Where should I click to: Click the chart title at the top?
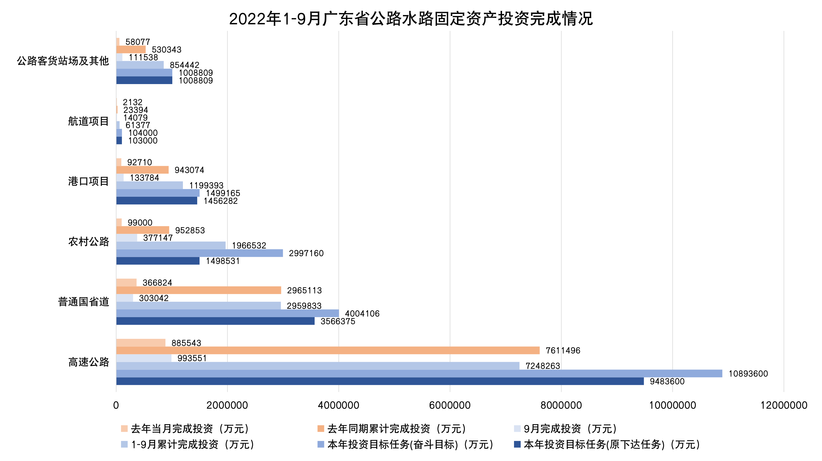coord(411,19)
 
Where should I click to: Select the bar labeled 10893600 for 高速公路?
coord(419,373)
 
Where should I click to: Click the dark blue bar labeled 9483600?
coord(380,381)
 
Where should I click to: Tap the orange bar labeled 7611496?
coord(328,350)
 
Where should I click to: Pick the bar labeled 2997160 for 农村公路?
coord(199,253)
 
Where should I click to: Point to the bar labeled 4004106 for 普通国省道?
coord(227,313)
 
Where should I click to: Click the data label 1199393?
coord(206,185)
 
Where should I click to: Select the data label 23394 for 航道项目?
coord(136,110)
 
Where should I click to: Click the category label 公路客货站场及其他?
coord(63,61)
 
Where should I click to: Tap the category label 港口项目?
coord(88,181)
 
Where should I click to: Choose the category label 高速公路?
coord(88,362)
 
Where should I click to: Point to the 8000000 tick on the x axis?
coord(561,405)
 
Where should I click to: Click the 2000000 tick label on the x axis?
coord(227,405)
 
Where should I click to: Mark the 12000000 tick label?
coord(784,405)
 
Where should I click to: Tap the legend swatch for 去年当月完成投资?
coord(124,428)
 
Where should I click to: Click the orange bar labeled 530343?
coord(131,49)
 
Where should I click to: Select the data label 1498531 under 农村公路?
coord(223,261)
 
